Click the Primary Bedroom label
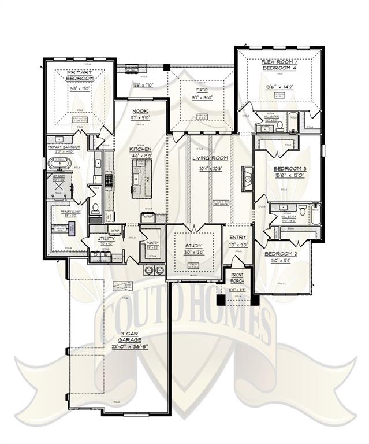80,75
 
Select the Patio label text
202,90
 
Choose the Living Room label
210,158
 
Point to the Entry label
238,238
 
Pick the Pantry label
152,242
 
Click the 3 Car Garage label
121,338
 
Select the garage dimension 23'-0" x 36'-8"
121,347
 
